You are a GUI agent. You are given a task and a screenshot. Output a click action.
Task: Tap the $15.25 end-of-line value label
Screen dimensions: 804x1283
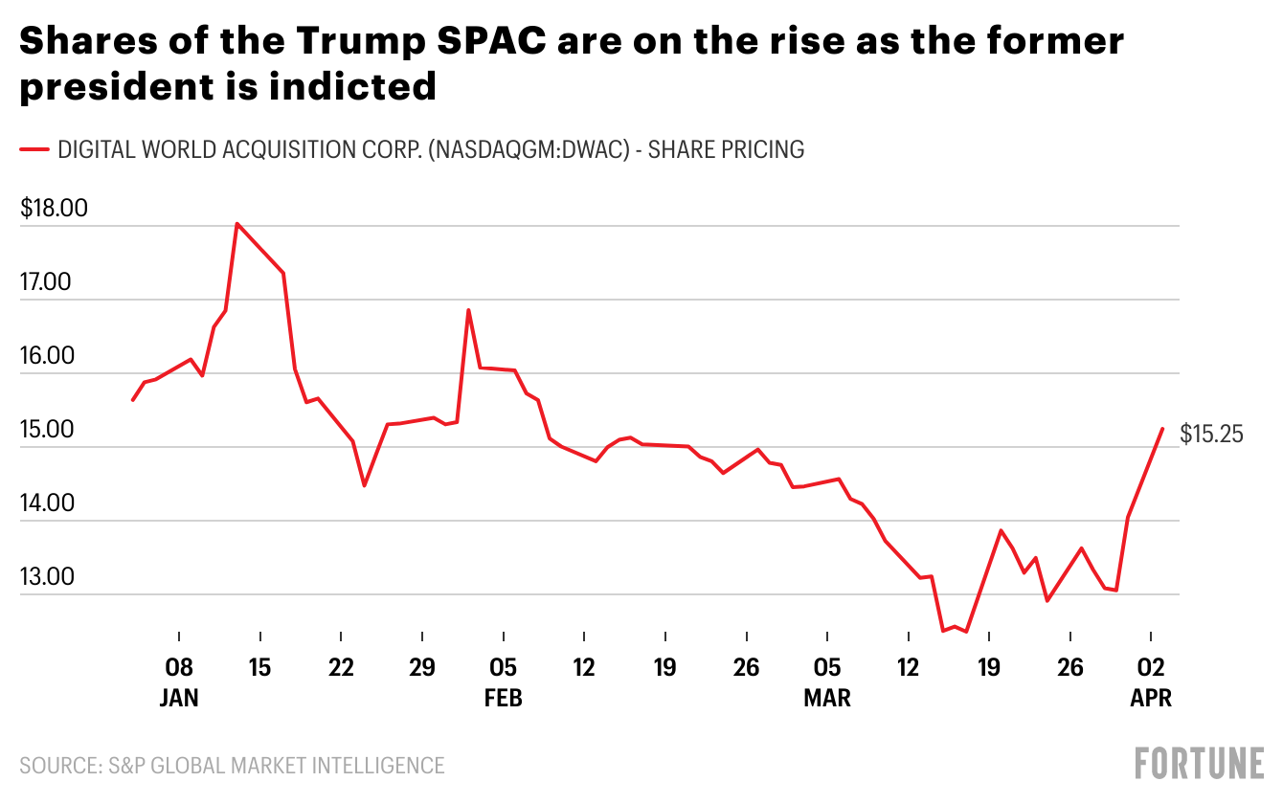tap(1211, 434)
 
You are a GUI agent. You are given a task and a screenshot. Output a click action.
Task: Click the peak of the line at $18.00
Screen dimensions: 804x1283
tap(236, 224)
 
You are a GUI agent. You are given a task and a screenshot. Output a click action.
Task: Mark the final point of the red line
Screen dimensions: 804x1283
tap(1162, 429)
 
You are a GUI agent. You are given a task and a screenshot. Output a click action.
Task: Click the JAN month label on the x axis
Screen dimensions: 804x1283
tap(179, 698)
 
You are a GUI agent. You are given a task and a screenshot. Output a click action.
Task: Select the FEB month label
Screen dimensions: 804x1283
tap(504, 698)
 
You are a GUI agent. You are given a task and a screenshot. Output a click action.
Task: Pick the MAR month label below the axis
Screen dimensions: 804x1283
tap(827, 698)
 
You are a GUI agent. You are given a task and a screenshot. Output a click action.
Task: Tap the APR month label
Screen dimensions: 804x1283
tap(1151, 698)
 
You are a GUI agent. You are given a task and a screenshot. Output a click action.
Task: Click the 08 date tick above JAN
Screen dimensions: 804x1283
tap(179, 667)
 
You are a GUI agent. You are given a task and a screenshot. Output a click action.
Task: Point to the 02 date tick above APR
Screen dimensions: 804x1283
tap(1151, 667)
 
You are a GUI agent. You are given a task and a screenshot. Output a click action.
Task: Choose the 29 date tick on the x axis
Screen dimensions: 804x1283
tap(422, 667)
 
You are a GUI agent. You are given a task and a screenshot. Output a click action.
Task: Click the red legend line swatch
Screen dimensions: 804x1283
tap(34, 149)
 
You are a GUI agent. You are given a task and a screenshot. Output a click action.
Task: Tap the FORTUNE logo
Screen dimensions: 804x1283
tap(1200, 764)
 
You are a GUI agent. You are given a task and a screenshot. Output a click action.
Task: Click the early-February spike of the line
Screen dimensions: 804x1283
tap(468, 310)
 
